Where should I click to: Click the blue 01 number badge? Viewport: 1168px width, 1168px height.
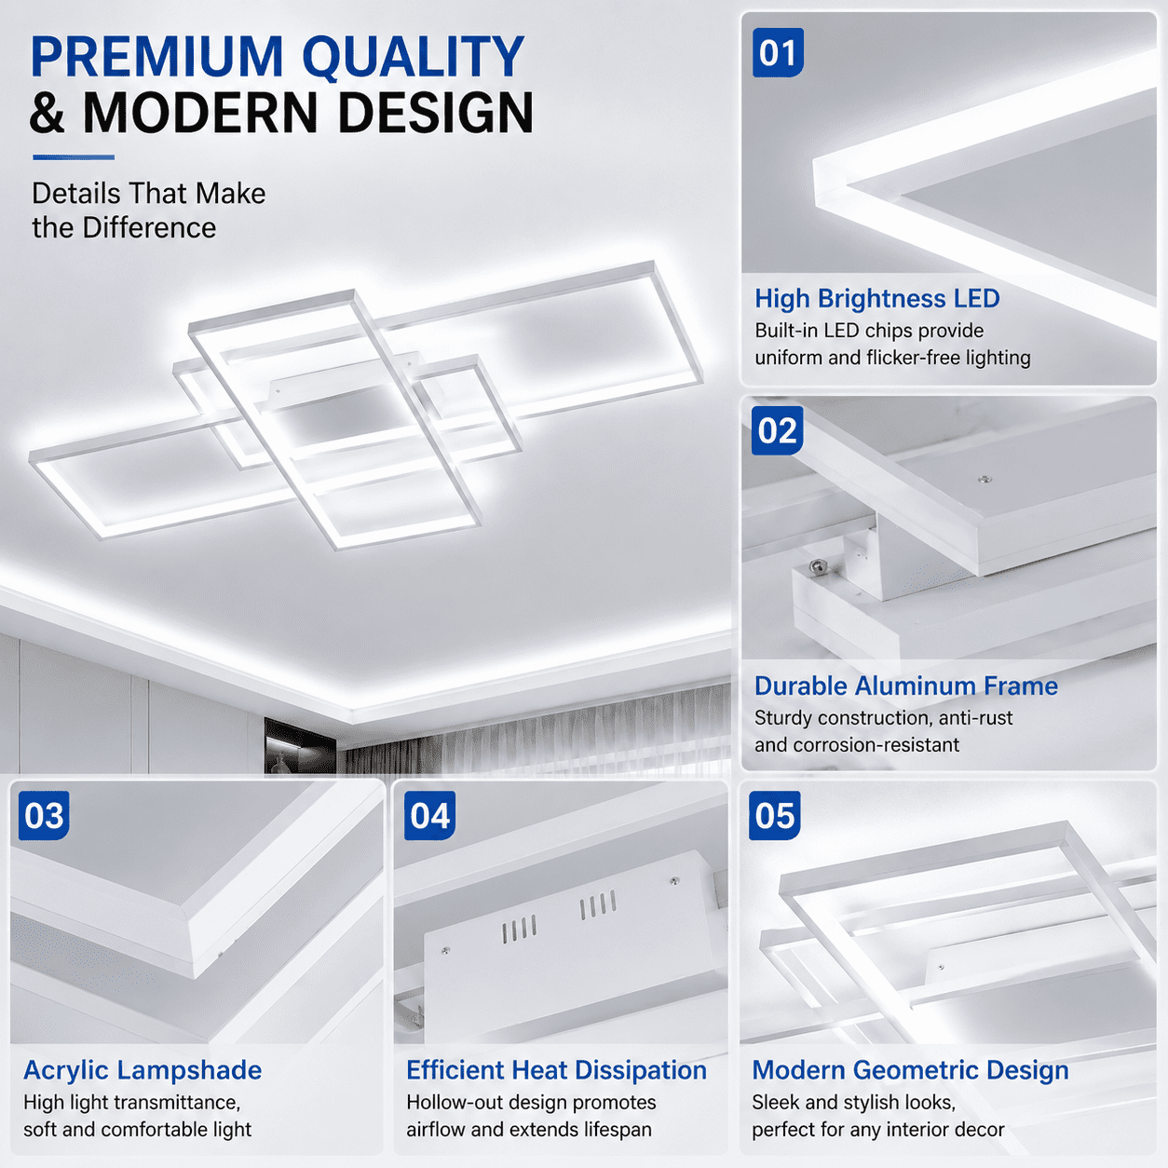[778, 52]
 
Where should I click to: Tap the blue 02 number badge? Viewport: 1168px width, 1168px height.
[777, 430]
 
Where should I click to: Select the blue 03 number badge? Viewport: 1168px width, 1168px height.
[44, 815]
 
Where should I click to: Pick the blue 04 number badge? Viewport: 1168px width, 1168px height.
[429, 815]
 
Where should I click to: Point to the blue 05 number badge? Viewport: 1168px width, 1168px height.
[775, 815]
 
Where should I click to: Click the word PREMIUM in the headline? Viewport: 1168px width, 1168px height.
[157, 57]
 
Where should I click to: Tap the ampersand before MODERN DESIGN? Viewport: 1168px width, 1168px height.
[48, 113]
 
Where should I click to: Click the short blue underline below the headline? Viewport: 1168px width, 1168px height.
[74, 157]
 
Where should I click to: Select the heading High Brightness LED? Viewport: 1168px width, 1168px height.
[877, 299]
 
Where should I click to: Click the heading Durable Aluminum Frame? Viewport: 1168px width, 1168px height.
[906, 686]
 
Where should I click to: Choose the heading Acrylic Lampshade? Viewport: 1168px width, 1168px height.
[143, 1070]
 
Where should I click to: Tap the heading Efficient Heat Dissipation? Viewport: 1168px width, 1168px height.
[556, 1070]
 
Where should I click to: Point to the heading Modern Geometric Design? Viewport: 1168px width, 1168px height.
[910, 1070]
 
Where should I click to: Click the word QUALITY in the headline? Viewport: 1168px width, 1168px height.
[414, 58]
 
